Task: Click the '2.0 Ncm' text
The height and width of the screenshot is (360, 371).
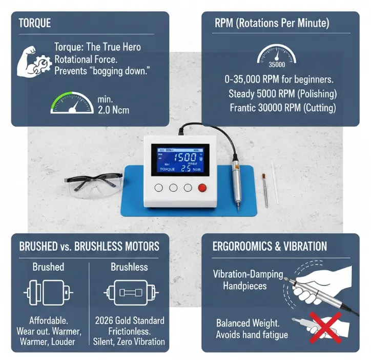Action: coord(113,110)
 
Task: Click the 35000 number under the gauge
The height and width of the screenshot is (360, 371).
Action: coord(276,64)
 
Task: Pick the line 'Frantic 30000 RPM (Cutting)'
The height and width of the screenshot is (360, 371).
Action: coord(283,108)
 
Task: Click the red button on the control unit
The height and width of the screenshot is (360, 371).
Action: coord(202,188)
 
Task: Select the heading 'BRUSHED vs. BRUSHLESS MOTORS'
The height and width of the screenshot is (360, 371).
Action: coord(89,246)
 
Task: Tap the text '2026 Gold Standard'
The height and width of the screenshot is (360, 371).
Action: coord(130,321)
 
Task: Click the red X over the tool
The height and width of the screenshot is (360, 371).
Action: coord(313,328)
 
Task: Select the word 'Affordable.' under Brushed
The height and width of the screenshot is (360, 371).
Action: coord(49,321)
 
